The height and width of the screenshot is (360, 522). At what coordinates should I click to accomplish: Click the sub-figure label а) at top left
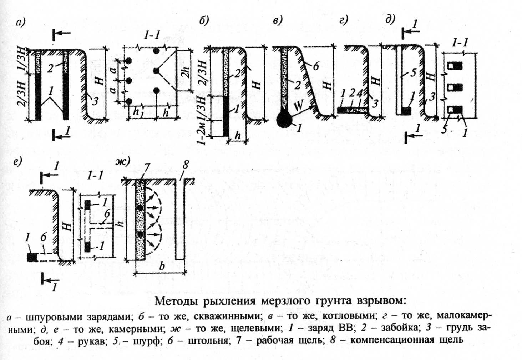click(21, 23)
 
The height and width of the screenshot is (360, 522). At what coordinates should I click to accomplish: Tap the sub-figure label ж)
click(122, 161)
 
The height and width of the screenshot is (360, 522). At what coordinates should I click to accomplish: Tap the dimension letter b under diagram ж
click(162, 266)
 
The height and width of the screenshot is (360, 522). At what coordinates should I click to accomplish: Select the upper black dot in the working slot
click(140, 207)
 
